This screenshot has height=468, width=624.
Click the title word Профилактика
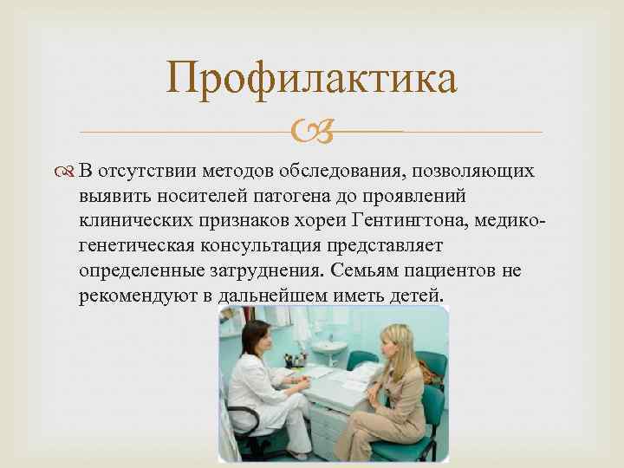tap(312, 80)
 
